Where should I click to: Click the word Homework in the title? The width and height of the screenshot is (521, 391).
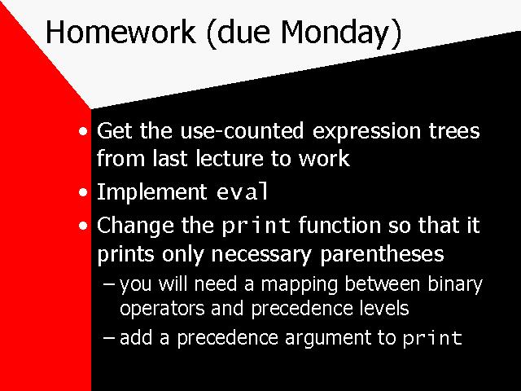pos(120,32)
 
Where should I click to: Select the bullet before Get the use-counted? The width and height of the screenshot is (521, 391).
pos(83,131)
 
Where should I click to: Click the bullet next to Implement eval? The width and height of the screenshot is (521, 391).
pos(83,192)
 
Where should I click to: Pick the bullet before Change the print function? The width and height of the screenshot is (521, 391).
pos(83,226)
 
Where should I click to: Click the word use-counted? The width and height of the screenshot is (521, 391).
pos(242,130)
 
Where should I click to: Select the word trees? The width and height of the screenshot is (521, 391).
pos(454,130)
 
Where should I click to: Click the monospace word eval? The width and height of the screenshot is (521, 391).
pos(243,191)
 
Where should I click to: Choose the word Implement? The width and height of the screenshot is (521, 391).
pos(152,193)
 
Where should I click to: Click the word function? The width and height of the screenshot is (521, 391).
pos(339,225)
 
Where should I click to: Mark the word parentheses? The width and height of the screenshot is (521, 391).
pos(382,255)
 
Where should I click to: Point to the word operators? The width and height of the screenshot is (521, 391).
pos(162,310)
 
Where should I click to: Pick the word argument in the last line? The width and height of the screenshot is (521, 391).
pos(327,339)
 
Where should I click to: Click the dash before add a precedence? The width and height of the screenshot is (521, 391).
pos(109,338)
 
